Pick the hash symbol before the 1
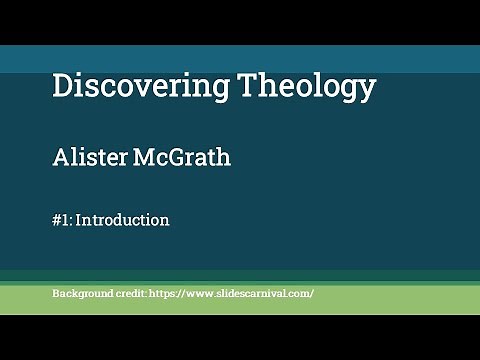56,219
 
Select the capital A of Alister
59,157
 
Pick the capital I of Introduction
79,219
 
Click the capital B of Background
55,294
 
